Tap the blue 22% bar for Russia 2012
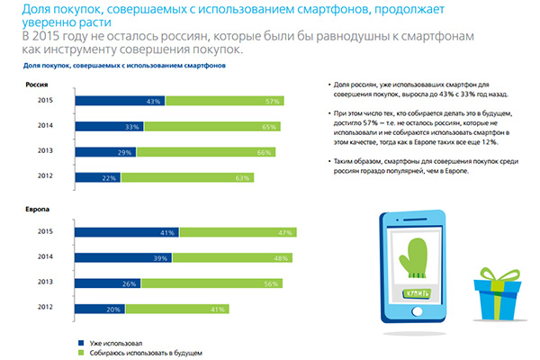[x=97, y=177]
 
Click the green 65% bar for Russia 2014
[x=216, y=127]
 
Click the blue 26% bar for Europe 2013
[x=102, y=283]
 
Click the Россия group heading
[x=36, y=82]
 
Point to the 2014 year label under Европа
[x=43, y=257]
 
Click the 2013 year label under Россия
[x=43, y=152]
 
